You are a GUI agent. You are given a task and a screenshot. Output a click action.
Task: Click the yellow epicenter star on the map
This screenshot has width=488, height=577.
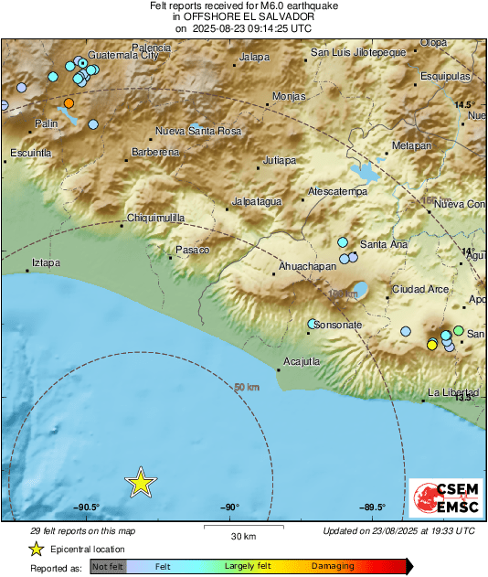(x=140, y=482)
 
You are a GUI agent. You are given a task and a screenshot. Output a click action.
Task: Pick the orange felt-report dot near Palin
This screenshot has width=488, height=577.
(x=69, y=102)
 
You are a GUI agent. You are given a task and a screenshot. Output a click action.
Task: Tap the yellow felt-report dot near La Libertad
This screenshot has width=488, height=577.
(x=431, y=344)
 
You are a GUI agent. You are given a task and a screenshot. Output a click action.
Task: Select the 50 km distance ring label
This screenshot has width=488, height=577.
(x=247, y=388)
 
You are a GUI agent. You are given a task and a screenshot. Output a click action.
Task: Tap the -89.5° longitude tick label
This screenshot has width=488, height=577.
(x=372, y=508)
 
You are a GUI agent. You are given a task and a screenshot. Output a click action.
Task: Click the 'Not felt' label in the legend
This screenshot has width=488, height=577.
(x=107, y=567)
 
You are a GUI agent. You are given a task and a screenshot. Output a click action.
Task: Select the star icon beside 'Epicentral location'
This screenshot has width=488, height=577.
(x=36, y=549)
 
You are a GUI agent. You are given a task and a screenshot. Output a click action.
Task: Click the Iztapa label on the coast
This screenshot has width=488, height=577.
(x=46, y=262)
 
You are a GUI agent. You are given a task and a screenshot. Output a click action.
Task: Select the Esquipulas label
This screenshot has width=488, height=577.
(x=445, y=76)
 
